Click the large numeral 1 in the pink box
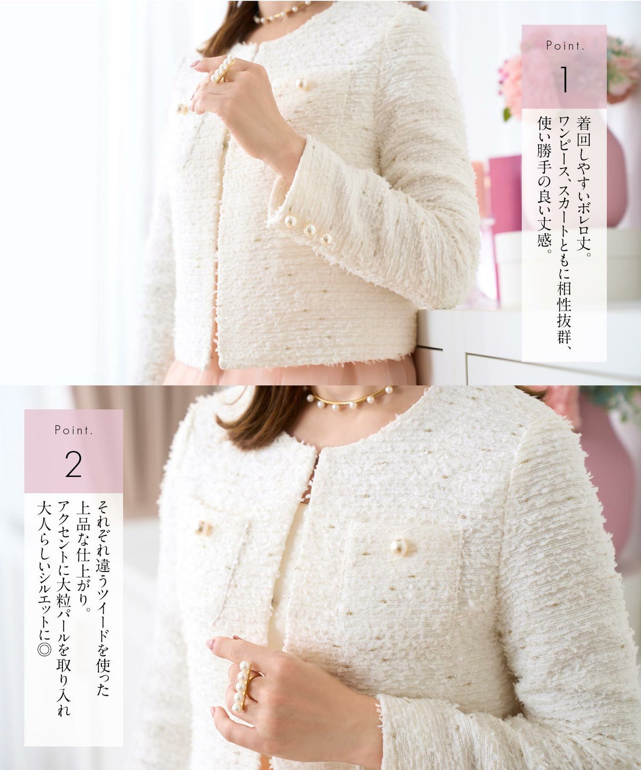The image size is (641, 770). tap(564, 80)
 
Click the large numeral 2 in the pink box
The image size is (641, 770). tap(73, 464)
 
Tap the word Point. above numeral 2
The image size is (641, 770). tap(74, 430)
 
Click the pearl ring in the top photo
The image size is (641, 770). tap(223, 68)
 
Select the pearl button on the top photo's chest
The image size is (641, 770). tap(303, 84)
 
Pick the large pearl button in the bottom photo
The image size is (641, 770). tap(400, 547)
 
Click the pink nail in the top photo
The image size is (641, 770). tap(196, 64)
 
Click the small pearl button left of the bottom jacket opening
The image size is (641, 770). tap(202, 528)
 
